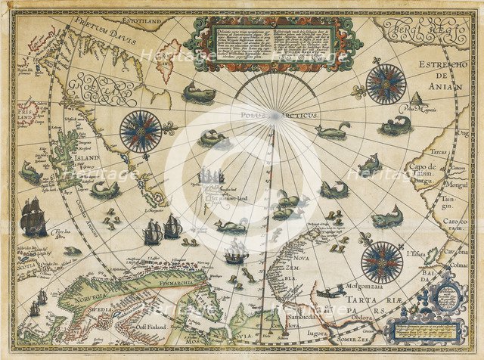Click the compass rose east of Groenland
(x=141, y=130)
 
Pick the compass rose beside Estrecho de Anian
(x=386, y=84)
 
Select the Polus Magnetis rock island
(x=416, y=99)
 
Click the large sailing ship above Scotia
(x=33, y=216)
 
